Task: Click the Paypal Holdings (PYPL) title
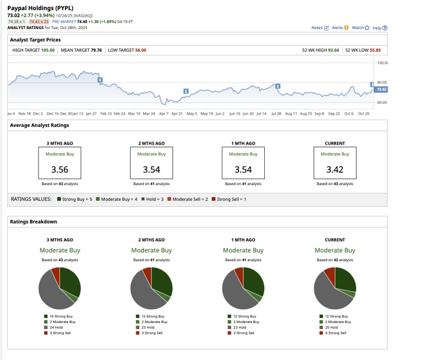point(40,8)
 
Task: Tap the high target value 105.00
point(47,50)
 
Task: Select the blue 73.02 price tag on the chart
point(381,89)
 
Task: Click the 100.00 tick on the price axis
point(382,63)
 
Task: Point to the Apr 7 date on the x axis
point(163,113)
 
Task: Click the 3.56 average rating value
point(60,169)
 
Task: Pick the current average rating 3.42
point(334,169)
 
